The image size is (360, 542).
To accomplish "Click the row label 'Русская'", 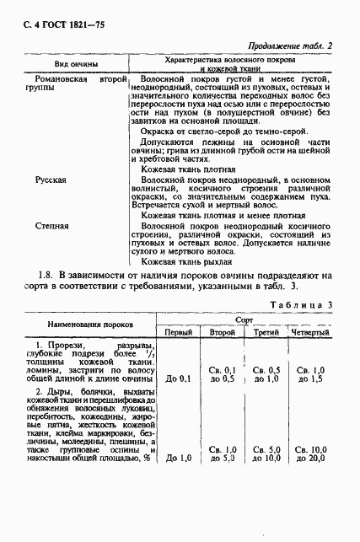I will point(50,180).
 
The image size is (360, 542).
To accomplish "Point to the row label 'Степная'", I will point(51,227).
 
